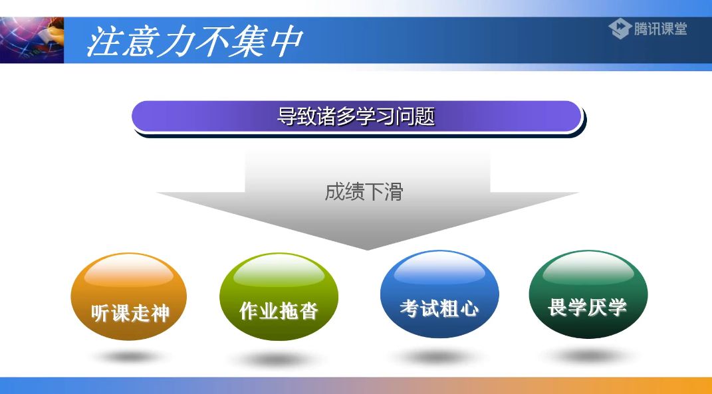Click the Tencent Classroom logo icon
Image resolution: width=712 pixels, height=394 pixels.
619,29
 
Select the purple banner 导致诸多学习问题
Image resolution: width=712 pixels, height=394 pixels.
356,117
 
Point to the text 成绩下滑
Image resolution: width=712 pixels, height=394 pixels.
364,192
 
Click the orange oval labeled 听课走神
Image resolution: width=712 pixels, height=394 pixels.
129,296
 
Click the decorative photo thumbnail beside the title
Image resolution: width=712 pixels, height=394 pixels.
32,41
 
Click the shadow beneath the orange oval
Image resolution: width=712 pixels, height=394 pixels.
130,357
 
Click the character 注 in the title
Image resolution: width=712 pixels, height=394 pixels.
106,42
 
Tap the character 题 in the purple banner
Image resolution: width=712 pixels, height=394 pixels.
426,117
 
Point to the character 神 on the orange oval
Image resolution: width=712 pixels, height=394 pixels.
160,313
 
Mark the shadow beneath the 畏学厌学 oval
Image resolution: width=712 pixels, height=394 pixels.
587,356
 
